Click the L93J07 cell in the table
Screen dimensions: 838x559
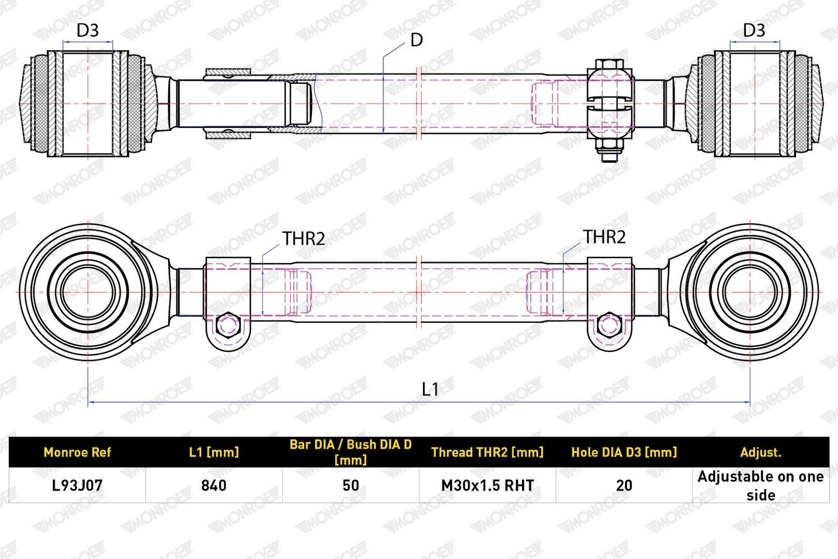click(77, 485)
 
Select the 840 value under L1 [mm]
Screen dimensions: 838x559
click(214, 485)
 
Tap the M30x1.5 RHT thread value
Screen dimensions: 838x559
click(488, 485)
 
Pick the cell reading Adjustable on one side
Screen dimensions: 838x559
click(760, 486)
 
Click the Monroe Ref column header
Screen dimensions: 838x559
click(77, 452)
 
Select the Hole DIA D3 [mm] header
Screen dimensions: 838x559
click(624, 452)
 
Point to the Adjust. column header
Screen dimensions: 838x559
click(760, 452)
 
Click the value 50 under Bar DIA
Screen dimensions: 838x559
click(350, 485)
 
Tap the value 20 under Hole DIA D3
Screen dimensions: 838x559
click(624, 485)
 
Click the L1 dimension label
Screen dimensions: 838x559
click(430, 389)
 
